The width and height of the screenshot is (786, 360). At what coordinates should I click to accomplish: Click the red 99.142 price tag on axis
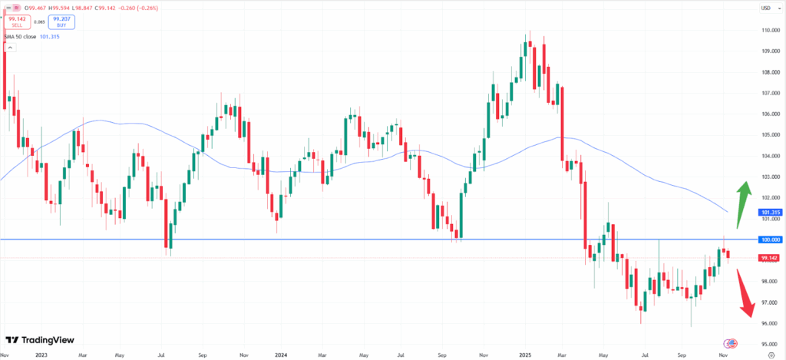point(768,258)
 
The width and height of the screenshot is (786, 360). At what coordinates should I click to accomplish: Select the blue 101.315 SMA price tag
point(768,212)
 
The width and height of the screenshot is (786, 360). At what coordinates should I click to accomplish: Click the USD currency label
point(765,8)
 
